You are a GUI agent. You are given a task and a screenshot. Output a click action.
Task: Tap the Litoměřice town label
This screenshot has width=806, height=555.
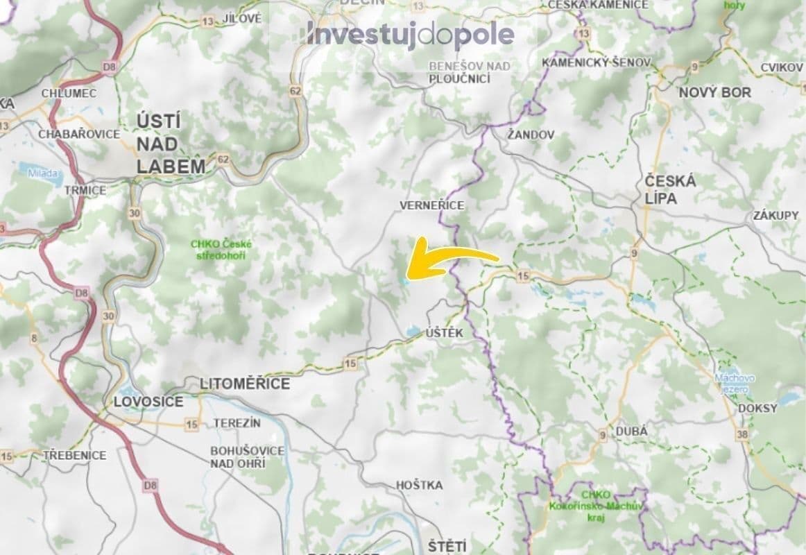tap(245, 384)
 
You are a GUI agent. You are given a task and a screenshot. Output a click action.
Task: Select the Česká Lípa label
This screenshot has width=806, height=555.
tap(669, 189)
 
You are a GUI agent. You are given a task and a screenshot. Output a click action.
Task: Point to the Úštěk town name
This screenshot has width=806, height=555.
tap(444, 334)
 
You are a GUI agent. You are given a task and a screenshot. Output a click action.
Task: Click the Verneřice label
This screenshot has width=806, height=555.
tap(431, 205)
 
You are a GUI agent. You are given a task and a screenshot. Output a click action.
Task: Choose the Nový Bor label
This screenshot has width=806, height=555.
tap(714, 92)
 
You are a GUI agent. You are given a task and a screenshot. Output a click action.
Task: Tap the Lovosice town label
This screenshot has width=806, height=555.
tap(148, 402)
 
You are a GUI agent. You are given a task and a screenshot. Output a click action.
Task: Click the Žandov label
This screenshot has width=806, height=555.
tap(531, 135)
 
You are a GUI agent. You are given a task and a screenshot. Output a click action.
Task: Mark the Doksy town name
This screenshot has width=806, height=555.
tap(757, 409)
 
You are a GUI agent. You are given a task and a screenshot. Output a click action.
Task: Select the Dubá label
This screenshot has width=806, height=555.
tap(631, 431)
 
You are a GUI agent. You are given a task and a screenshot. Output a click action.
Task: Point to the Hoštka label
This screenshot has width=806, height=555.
tap(418, 485)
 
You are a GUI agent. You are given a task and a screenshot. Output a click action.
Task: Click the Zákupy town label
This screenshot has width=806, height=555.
tap(775, 216)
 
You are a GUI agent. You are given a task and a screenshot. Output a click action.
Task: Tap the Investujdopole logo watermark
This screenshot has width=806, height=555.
tap(411, 35)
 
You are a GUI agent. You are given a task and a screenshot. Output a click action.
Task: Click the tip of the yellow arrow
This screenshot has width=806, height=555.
tap(409, 275)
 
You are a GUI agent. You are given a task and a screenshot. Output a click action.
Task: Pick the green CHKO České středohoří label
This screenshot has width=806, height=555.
tap(222, 250)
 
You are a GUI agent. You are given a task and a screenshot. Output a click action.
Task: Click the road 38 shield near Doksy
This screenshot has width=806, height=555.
tap(744, 434)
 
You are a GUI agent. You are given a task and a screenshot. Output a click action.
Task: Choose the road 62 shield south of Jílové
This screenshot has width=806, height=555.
tap(296, 91)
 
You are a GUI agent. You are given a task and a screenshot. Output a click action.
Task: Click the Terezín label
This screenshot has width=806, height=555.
tap(237, 422)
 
